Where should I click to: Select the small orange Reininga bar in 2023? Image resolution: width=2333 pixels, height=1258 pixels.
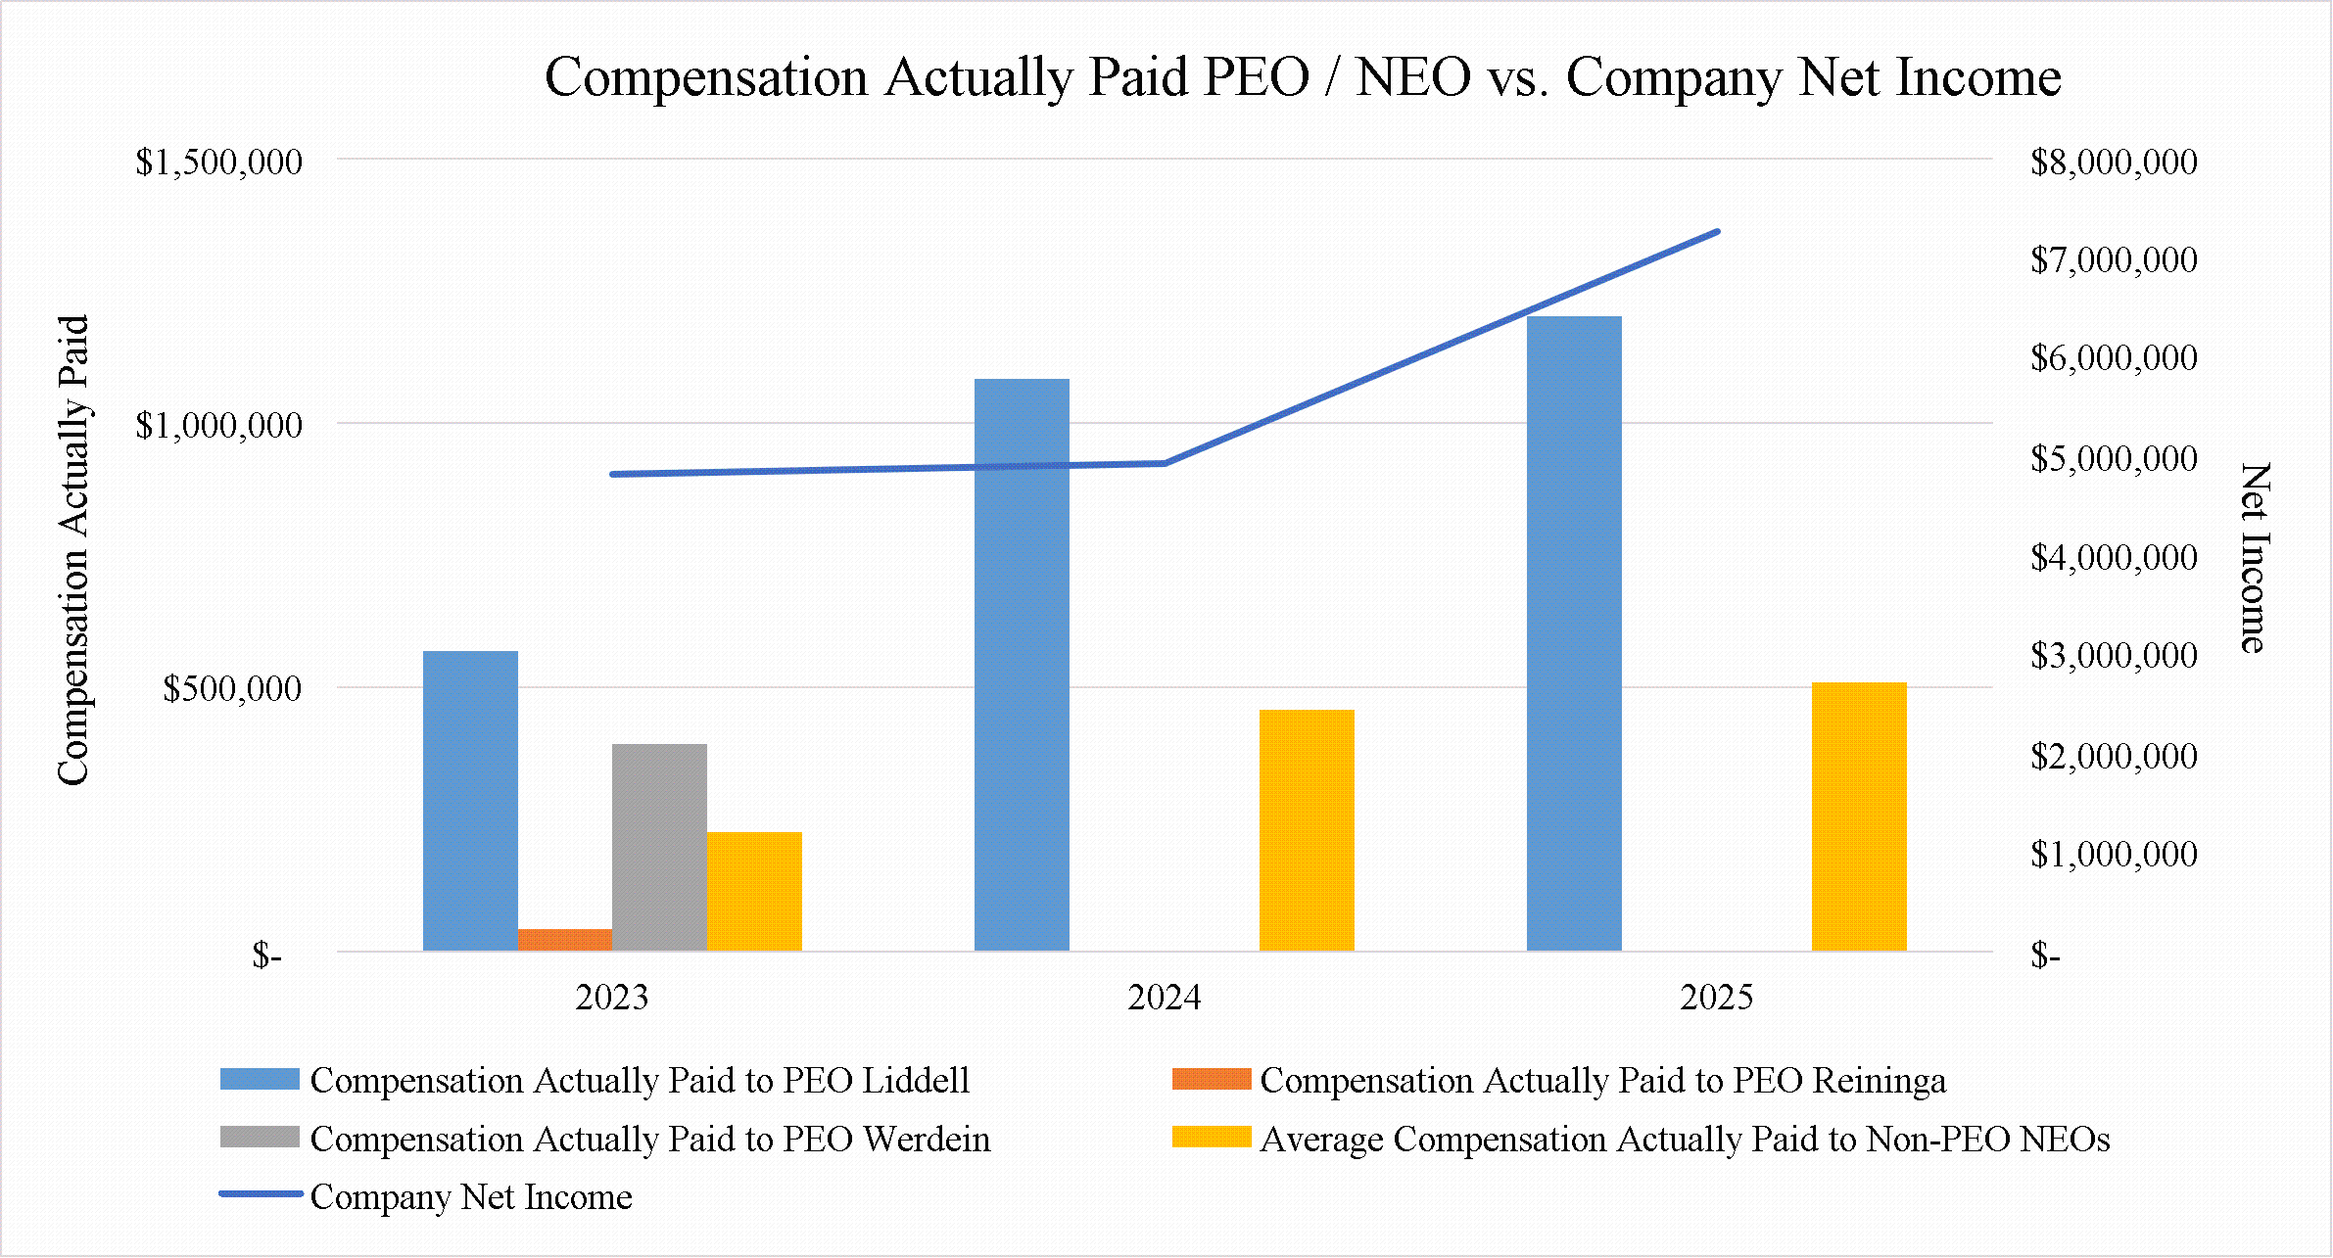click(x=565, y=940)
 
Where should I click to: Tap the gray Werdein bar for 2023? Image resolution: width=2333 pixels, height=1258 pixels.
click(x=659, y=848)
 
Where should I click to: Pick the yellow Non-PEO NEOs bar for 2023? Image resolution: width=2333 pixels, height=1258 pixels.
click(x=754, y=891)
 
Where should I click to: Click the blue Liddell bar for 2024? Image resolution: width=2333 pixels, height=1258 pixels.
click(x=1022, y=665)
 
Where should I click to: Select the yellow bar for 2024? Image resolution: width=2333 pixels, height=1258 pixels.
click(x=1307, y=830)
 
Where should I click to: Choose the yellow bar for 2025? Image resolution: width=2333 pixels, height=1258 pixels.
click(x=1859, y=816)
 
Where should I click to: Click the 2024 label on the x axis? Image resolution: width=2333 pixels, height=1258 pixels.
click(x=1164, y=998)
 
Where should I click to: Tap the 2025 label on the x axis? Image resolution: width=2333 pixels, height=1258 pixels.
click(x=1716, y=998)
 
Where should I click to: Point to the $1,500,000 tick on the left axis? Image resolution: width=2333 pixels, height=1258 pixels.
click(x=218, y=162)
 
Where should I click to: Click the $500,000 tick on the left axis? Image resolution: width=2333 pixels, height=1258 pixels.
click(x=232, y=688)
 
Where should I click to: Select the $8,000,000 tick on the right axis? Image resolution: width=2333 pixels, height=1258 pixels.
click(x=2114, y=162)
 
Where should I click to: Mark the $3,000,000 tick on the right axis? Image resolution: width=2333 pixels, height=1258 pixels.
click(x=2114, y=655)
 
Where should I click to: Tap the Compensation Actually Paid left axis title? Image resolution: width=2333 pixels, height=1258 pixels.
click(x=73, y=550)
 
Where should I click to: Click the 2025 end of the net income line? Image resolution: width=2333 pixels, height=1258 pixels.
click(x=1717, y=232)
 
